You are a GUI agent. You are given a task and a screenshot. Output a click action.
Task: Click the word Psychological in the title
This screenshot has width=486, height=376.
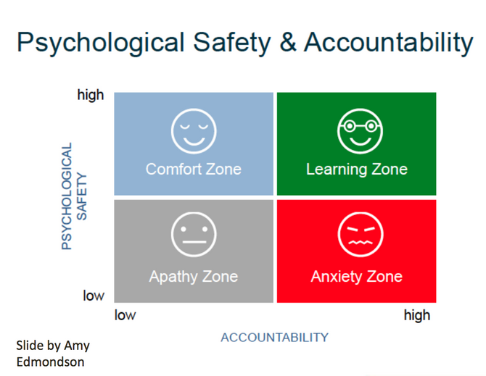(x=101, y=43)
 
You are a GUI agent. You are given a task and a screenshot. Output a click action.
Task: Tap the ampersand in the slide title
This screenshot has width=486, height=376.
(x=288, y=42)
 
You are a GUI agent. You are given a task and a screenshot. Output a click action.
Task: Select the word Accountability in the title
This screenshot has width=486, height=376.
(x=389, y=43)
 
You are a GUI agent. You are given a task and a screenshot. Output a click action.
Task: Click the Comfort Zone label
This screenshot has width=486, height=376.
(x=194, y=169)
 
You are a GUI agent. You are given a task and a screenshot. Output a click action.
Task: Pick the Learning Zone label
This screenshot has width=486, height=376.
(x=357, y=170)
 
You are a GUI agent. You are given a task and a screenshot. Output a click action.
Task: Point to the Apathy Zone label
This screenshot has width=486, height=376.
(x=194, y=276)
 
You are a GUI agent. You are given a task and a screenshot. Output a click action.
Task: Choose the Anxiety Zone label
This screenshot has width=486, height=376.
(x=356, y=276)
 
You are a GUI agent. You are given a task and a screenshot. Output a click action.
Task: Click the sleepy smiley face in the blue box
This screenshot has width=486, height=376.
(x=194, y=131)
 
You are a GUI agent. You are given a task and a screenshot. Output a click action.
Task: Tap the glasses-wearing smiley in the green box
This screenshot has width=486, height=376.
(x=360, y=131)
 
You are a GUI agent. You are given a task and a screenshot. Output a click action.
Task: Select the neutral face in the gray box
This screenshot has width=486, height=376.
(x=194, y=234)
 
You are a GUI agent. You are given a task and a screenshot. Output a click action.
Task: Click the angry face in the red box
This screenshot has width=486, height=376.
(x=361, y=234)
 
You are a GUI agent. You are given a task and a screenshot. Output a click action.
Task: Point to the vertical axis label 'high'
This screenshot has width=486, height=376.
(x=90, y=95)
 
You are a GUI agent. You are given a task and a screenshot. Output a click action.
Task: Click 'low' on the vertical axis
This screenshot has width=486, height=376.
(x=94, y=296)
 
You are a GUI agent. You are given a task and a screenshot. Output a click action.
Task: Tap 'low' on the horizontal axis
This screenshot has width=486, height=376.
(x=125, y=315)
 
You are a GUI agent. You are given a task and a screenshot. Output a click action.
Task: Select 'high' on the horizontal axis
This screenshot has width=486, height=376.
(x=417, y=316)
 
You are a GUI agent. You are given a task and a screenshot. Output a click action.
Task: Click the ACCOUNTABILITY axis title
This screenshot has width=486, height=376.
(x=274, y=338)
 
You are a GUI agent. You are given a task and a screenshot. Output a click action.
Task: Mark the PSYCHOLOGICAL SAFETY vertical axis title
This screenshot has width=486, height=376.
(x=74, y=196)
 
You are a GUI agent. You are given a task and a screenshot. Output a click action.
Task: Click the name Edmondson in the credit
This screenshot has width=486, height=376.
(x=50, y=362)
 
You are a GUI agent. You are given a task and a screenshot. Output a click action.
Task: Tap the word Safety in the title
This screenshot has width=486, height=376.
(x=232, y=43)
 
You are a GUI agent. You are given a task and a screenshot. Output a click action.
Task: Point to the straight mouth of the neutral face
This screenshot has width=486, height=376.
(x=194, y=242)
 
